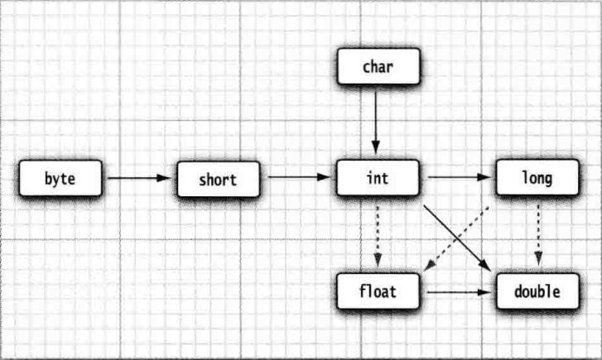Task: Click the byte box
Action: pyautogui.click(x=60, y=179)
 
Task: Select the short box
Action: pyautogui.click(x=218, y=180)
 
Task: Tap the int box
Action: pyautogui.click(x=378, y=179)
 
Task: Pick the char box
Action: pyautogui.click(x=378, y=67)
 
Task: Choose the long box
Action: pyautogui.click(x=537, y=179)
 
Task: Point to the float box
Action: pyautogui.click(x=378, y=291)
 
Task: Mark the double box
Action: pyautogui.click(x=537, y=291)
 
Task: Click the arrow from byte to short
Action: pyautogui.click(x=139, y=178)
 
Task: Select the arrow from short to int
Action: pyautogui.click(x=298, y=178)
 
